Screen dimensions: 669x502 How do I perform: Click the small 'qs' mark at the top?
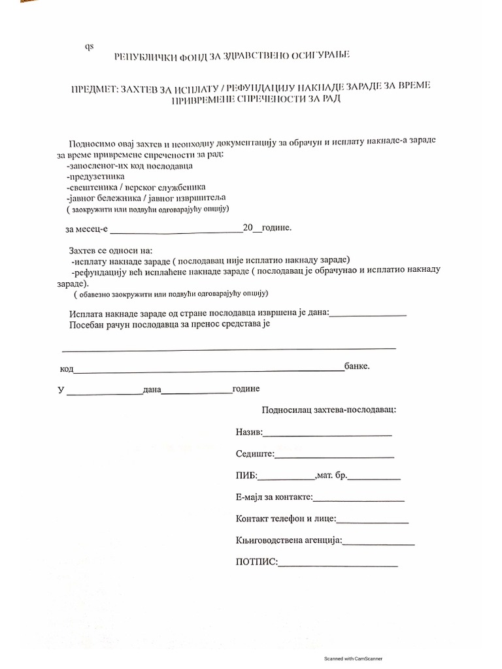click(x=89, y=46)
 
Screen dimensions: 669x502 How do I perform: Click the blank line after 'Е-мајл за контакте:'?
click(x=359, y=500)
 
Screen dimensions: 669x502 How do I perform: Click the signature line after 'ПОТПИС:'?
click(x=338, y=564)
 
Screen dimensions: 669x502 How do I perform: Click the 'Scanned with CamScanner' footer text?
click(x=353, y=659)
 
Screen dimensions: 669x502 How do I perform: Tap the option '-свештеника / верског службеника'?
click(x=126, y=187)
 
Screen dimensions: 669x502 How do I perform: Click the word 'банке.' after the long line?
click(x=357, y=367)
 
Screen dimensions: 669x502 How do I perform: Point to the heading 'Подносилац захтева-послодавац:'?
click(x=328, y=410)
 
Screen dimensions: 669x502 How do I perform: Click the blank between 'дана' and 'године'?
click(x=196, y=392)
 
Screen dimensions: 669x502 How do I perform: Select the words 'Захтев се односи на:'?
click(x=110, y=250)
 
